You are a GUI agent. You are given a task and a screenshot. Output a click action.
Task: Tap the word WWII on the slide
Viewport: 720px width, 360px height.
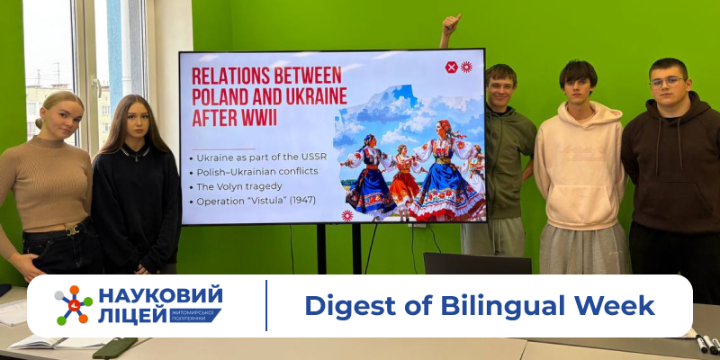[253, 119]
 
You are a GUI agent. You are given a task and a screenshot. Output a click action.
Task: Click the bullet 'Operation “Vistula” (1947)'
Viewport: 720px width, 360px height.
[254, 201]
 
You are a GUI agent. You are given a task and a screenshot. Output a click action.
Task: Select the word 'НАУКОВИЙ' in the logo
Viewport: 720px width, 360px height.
[159, 295]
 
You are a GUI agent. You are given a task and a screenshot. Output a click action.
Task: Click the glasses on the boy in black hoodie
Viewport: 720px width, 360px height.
[667, 82]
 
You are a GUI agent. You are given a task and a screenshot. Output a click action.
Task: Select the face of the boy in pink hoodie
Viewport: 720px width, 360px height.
[575, 84]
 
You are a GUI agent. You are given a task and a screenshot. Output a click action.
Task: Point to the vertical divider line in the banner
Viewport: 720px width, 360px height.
[266, 306]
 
